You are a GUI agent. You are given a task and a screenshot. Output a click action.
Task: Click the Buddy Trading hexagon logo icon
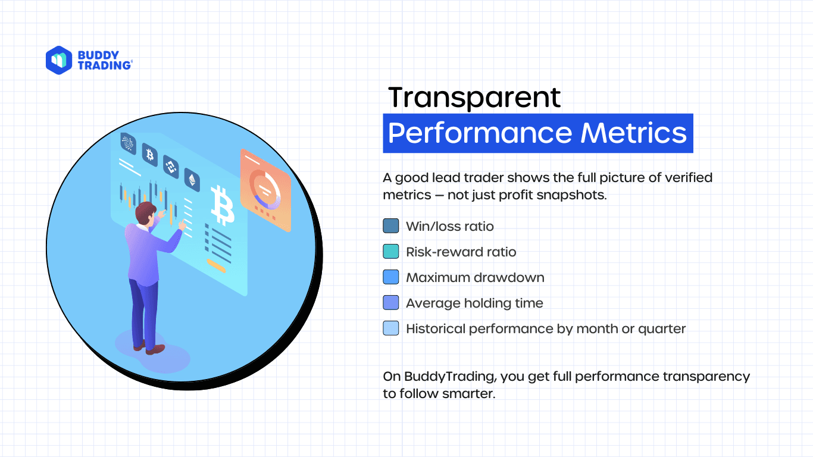[x=59, y=60]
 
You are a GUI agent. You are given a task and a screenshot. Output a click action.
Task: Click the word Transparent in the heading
[x=474, y=97]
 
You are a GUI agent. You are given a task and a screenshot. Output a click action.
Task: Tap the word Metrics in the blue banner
[x=633, y=133]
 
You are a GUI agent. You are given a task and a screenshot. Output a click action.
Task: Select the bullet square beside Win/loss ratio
[x=391, y=226]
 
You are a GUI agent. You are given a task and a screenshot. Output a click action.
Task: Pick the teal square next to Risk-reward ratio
[x=391, y=251]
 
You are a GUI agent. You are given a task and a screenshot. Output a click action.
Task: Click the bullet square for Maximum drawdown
[x=391, y=277]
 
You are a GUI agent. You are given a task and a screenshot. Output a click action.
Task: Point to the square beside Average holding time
[x=391, y=303]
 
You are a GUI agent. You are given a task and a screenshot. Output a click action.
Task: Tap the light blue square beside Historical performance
[x=391, y=328]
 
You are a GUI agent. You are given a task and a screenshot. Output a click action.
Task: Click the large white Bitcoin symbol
[x=222, y=205]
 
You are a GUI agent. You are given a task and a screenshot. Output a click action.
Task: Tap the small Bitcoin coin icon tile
[x=149, y=155]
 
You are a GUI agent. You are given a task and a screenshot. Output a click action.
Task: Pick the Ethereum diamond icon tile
[x=192, y=179]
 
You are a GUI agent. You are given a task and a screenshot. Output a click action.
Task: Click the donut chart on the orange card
[x=265, y=190]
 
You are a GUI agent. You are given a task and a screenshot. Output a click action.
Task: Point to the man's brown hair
[x=145, y=212]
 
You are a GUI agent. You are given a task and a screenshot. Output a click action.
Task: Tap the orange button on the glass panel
[x=216, y=266]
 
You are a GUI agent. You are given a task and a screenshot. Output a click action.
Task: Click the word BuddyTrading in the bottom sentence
[x=450, y=377]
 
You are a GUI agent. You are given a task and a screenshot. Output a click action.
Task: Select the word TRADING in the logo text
[x=105, y=65]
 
